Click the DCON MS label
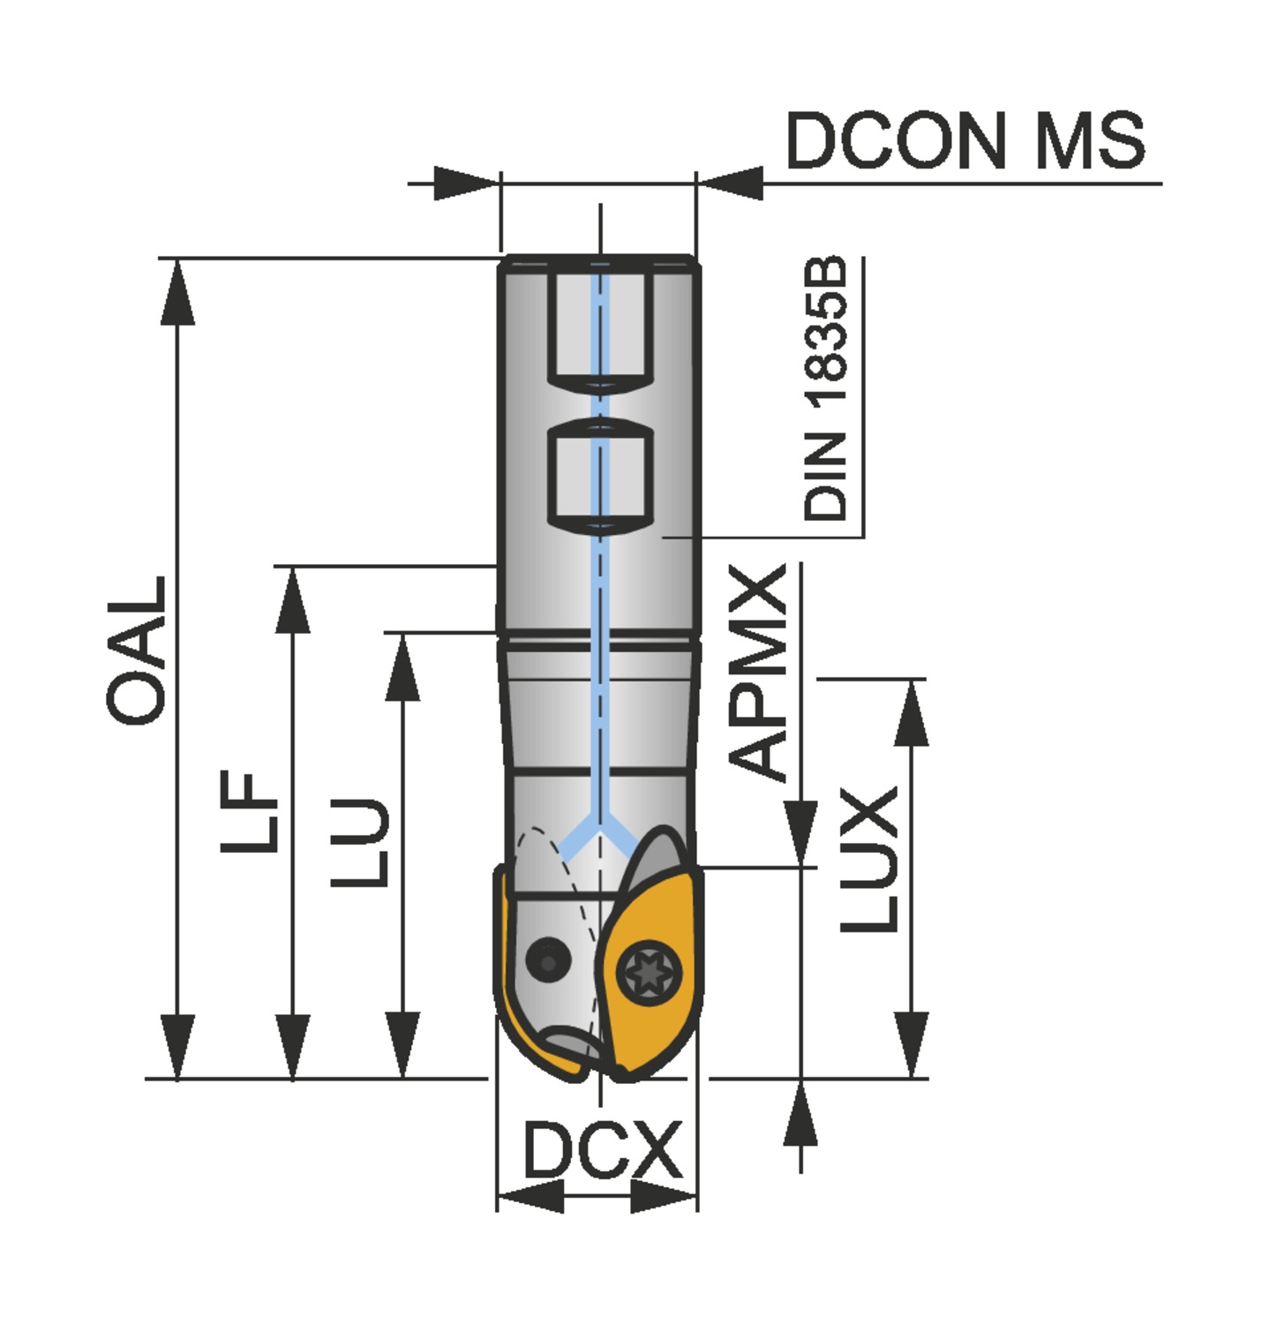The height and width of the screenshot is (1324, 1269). point(965,140)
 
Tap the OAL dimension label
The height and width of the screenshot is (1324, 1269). point(137,651)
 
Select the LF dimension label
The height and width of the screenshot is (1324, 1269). point(250,810)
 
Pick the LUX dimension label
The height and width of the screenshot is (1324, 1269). point(869,860)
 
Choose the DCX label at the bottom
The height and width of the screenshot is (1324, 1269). point(602,1149)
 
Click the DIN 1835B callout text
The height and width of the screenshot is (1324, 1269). point(825,389)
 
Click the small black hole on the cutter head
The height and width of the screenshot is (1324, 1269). point(546,959)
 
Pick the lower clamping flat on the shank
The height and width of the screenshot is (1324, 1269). point(600,477)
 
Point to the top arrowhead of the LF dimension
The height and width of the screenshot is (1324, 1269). point(292,600)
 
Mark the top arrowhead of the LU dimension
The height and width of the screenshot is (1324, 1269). point(402,667)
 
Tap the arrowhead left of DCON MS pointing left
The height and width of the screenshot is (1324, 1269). point(731,184)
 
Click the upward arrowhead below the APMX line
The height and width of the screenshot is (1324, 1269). point(800,1114)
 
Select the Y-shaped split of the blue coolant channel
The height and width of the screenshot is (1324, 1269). point(600,831)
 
